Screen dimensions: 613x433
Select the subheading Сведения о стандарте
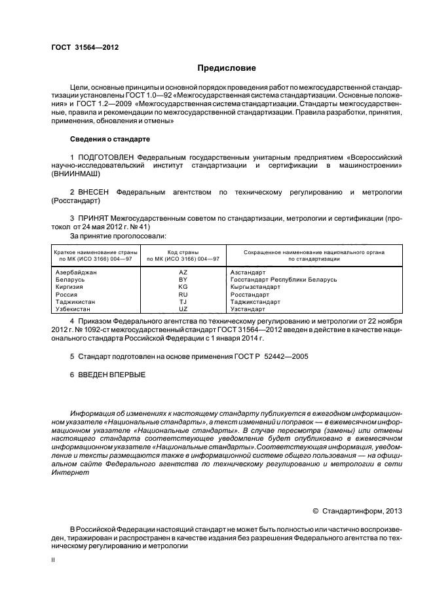110,139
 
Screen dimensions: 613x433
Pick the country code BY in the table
183,279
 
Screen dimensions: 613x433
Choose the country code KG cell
183,287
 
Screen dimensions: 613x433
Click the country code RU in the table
183,294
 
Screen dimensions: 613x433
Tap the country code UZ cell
183,309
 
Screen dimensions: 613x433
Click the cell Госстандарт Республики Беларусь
284,279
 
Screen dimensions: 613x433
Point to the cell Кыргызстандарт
255,287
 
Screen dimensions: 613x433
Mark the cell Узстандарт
248,309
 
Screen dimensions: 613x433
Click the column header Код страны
183,251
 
